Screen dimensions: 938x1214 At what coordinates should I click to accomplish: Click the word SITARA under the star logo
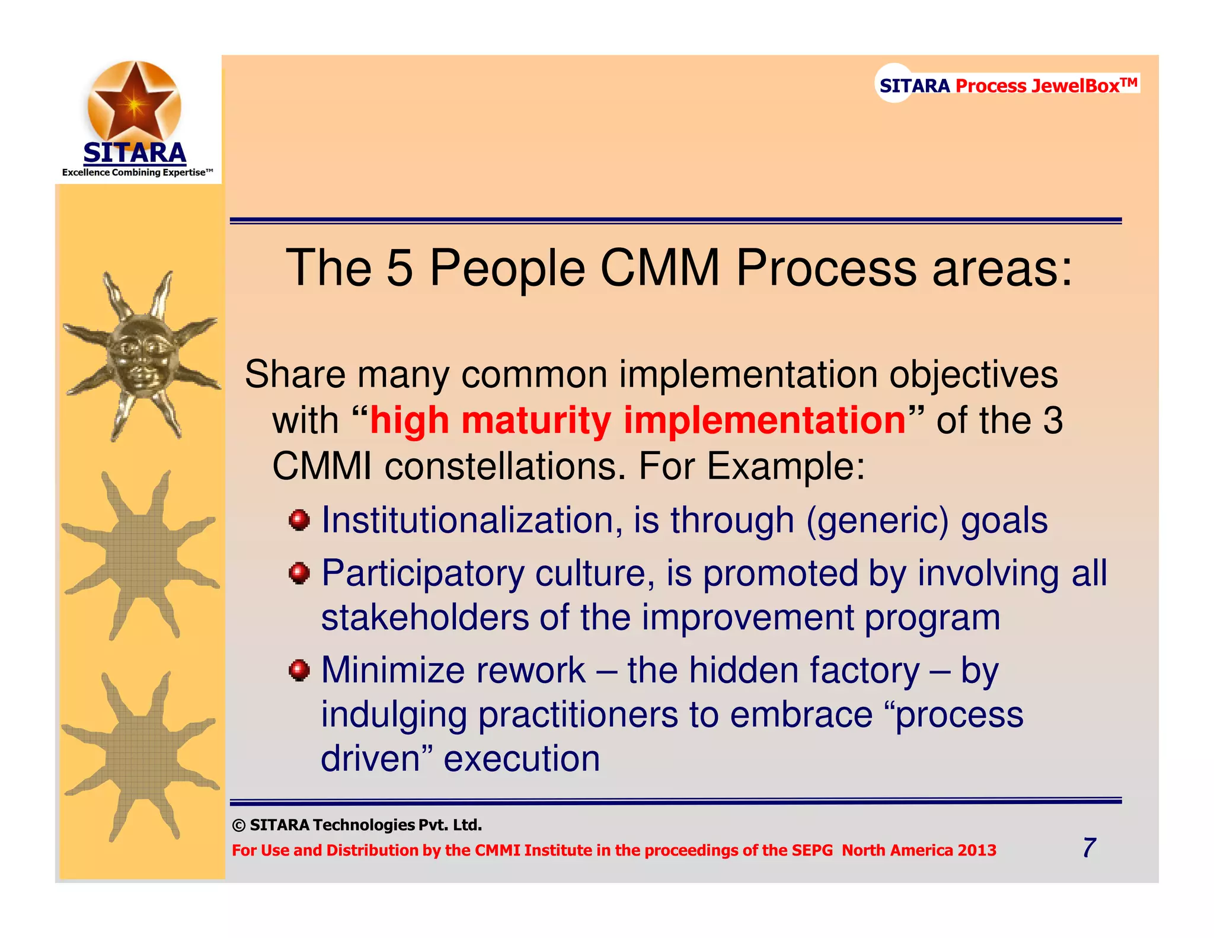135,153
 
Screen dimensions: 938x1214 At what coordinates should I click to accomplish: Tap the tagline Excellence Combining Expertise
137,173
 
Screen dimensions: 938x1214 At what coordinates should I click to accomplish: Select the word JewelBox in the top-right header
1075,86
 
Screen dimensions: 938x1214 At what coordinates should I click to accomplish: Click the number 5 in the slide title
400,268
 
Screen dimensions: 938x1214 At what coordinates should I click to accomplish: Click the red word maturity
536,420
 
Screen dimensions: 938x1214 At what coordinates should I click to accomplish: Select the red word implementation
765,420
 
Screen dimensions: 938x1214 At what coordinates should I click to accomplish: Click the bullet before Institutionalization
299,521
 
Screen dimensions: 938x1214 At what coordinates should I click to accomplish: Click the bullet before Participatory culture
299,573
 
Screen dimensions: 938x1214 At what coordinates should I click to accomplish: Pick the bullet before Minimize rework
299,671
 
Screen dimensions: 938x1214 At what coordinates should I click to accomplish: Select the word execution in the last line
522,758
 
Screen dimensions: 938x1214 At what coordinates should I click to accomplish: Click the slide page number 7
1089,848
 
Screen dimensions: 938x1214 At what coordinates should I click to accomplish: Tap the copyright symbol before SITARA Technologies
238,825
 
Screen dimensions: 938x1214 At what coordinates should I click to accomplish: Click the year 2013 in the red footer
977,850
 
